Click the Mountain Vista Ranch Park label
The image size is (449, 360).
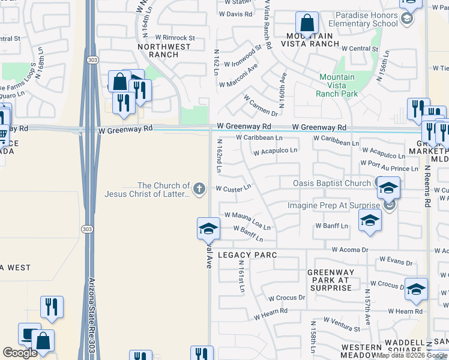point(338,85)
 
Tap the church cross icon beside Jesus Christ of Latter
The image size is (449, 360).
point(200,190)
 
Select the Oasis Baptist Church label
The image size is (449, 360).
point(331,182)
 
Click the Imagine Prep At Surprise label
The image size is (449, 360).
point(334,205)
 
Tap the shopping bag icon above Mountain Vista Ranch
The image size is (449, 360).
point(307,25)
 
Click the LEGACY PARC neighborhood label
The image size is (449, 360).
point(247,255)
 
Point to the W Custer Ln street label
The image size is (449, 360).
point(233,188)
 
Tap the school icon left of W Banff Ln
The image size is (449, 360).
point(208,229)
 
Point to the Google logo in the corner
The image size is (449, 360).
point(20,353)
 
